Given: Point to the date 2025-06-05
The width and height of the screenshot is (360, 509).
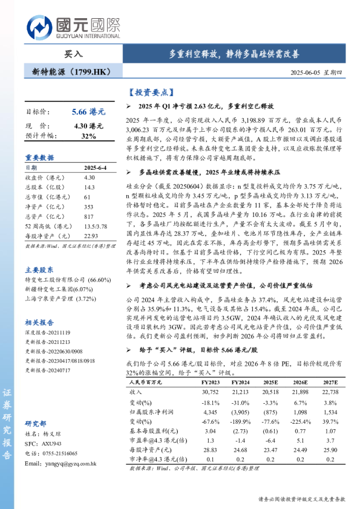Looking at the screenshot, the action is click(306, 71).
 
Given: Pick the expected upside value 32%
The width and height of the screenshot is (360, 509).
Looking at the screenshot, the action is click(88, 136).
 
